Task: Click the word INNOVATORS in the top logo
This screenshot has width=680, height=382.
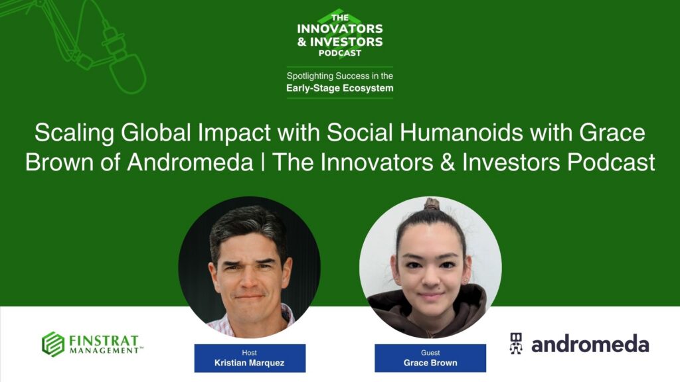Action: (340, 29)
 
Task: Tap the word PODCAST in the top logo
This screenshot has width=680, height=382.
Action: (340, 53)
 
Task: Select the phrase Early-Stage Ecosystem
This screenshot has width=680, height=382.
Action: (340, 88)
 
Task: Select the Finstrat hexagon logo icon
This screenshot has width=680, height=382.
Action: (53, 344)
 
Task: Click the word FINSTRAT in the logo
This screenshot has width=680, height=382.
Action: (104, 339)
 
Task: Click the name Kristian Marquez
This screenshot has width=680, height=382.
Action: (250, 363)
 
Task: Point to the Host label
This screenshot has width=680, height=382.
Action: (250, 353)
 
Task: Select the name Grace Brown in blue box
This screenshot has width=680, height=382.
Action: (430, 363)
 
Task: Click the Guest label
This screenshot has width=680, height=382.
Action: (430, 353)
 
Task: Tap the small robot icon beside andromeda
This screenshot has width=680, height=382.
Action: (516, 343)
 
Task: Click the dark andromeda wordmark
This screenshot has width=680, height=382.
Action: (590, 344)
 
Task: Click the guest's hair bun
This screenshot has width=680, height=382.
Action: (432, 204)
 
